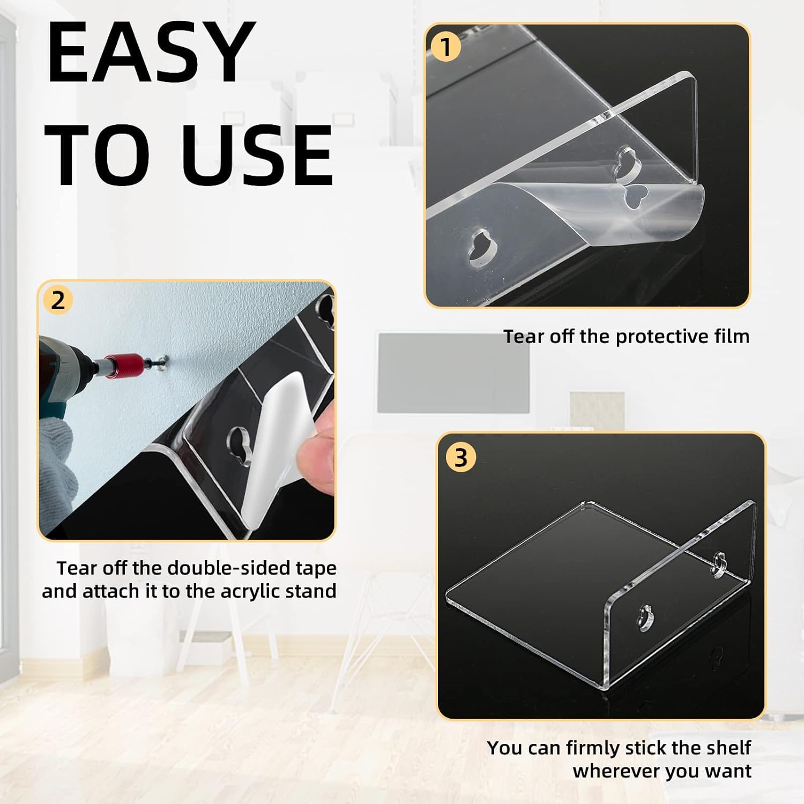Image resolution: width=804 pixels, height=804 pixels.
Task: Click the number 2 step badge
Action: (58, 301)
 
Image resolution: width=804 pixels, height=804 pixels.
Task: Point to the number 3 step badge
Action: (460, 458)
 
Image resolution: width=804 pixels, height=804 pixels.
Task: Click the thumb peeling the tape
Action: (316, 461)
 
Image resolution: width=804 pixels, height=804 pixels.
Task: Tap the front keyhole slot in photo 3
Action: (646, 617)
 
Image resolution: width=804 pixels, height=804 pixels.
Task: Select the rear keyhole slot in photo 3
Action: (720, 565)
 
